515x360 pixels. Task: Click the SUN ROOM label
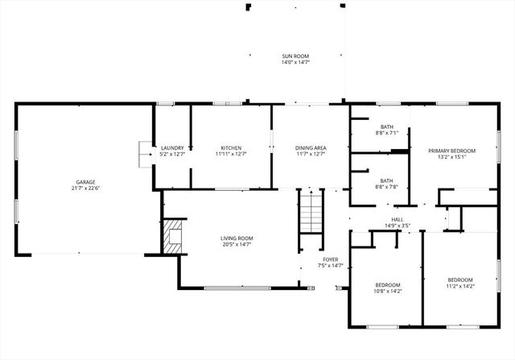(295, 56)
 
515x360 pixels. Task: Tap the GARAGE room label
(85, 182)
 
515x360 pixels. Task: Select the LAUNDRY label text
(172, 147)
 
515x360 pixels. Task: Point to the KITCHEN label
(231, 147)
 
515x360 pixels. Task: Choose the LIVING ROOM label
(237, 238)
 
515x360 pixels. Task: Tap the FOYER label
(331, 259)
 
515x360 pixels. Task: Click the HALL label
(397, 219)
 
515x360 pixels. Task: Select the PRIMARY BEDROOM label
(451, 151)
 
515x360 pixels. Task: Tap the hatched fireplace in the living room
(172, 237)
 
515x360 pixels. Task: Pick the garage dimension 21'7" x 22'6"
(85, 188)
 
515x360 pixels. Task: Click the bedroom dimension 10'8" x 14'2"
(386, 291)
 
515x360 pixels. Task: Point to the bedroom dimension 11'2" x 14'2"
(460, 286)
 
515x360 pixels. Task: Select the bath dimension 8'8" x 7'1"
(386, 133)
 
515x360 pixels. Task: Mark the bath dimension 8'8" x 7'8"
(386, 187)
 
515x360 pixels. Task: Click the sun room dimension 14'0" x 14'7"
(295, 62)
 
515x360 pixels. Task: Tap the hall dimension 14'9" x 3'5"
(397, 226)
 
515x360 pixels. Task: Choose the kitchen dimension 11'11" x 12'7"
(231, 154)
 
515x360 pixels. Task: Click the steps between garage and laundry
(146, 153)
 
